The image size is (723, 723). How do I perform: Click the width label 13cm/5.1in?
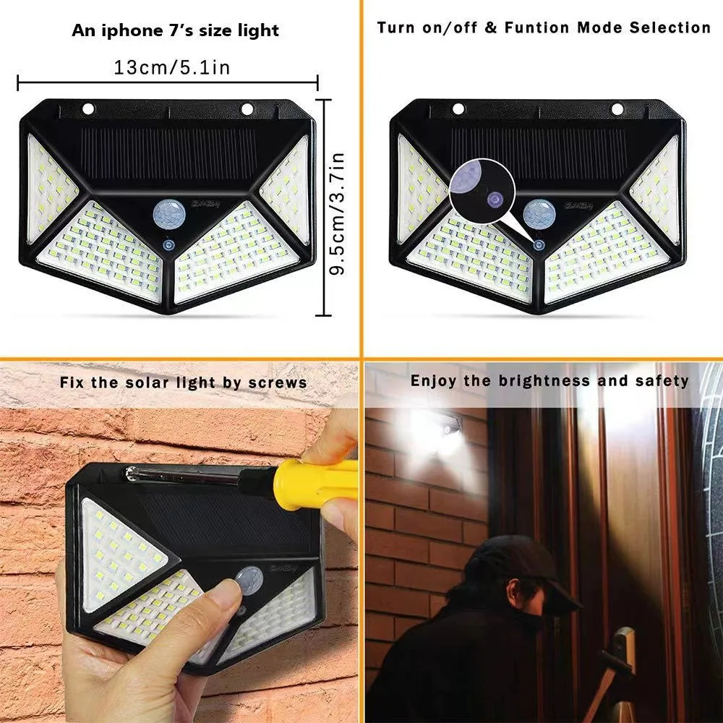171,67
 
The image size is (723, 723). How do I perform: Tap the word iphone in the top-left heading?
137,30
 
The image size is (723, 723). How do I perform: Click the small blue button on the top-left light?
169,246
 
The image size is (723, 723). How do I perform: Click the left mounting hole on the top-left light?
88,109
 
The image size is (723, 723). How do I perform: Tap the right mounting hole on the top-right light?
617,108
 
